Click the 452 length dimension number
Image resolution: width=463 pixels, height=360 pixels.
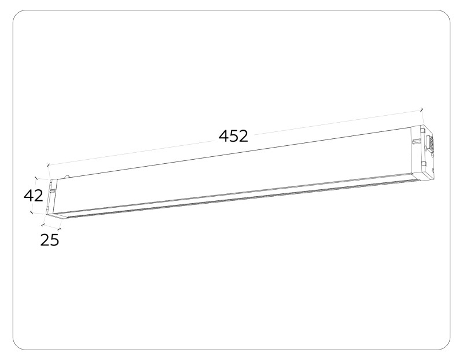tap(233, 137)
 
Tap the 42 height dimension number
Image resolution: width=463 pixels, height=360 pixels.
tap(34, 196)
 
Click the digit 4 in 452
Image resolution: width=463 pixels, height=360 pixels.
tap(224, 137)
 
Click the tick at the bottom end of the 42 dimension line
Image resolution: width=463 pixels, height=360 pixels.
tap(30, 212)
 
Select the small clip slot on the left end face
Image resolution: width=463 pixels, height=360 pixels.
tap(53, 189)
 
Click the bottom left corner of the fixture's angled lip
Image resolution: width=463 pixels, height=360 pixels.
tap(58, 218)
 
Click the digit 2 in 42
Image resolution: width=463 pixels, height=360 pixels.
tap(38, 196)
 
